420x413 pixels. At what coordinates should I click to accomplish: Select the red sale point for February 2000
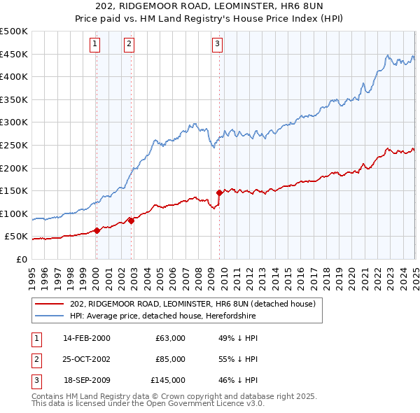[x=97, y=230]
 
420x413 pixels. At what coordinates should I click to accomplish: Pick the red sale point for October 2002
[x=131, y=220]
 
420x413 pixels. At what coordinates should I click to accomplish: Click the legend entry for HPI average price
[x=163, y=316]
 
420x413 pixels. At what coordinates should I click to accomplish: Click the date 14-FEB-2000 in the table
[x=87, y=338]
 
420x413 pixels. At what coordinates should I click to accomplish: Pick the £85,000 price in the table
[x=170, y=359]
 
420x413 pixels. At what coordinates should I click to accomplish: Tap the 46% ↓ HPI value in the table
[x=238, y=381]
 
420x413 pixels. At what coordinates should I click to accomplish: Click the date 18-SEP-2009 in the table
[x=87, y=381]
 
